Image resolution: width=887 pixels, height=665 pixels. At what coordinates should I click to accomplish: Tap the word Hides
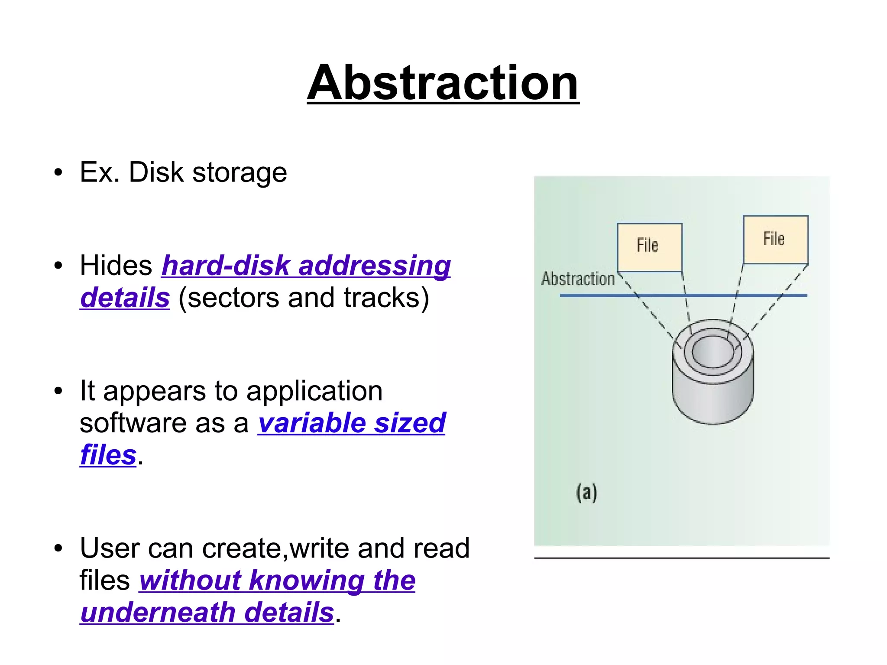tap(116, 265)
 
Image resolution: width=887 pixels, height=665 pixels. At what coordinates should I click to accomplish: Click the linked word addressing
tap(375, 266)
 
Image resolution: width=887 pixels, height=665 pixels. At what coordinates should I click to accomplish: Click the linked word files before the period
tap(108, 455)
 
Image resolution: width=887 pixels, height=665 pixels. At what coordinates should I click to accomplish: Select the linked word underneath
tap(158, 613)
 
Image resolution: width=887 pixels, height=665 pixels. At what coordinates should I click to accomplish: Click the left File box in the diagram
tap(649, 247)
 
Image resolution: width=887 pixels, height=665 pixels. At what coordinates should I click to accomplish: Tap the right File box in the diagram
tap(775, 240)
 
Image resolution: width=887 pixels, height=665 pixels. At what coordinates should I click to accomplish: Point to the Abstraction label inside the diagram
tap(578, 279)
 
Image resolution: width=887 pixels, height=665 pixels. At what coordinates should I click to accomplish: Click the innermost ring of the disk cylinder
tap(712, 351)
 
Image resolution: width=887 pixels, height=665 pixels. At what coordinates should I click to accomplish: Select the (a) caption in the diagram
tap(586, 493)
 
